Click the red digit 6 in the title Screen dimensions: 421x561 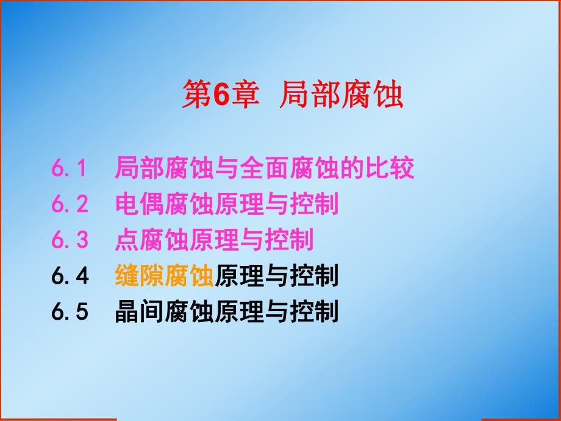[x=221, y=95]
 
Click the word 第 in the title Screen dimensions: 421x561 [x=196, y=95]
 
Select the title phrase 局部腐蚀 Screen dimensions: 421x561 [x=341, y=95]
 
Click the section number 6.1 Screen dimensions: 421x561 [x=70, y=168]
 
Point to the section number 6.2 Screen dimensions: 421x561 [x=70, y=205]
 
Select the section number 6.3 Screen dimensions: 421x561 [x=70, y=240]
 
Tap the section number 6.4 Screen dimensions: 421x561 [x=70, y=276]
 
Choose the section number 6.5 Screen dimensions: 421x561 [x=70, y=312]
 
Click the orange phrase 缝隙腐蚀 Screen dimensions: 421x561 [x=165, y=276]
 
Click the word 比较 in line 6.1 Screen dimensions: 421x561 [x=390, y=168]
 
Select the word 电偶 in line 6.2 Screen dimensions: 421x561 [x=140, y=205]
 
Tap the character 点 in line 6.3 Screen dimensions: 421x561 [x=127, y=240]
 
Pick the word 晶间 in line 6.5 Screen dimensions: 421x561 [x=140, y=312]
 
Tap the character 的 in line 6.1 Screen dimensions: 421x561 [x=352, y=168]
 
